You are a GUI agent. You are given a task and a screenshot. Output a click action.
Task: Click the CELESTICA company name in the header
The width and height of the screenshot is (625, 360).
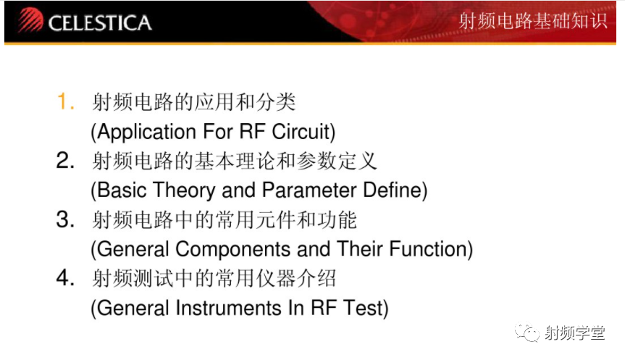100,22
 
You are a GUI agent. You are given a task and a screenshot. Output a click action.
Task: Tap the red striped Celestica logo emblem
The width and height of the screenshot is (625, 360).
30,20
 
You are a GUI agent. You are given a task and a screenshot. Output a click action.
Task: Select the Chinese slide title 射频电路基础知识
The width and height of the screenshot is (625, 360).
533,21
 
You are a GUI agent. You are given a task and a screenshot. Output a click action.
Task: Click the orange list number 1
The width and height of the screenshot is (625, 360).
65,101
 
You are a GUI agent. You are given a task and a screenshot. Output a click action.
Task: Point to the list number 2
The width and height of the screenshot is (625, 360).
65,160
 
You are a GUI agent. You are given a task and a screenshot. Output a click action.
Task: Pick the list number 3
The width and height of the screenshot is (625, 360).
65,219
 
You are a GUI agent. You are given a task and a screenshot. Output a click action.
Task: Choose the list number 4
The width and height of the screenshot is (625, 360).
65,278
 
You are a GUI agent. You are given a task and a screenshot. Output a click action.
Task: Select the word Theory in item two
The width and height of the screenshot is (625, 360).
184,191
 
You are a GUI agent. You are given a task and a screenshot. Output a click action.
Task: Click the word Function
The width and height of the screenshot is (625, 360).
428,248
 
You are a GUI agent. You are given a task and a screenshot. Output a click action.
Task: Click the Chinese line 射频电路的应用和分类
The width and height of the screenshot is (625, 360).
194,102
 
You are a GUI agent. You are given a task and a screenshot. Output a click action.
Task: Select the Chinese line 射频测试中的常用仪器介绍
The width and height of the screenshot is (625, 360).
214,278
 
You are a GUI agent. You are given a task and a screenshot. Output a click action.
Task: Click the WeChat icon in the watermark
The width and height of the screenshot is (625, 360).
527,332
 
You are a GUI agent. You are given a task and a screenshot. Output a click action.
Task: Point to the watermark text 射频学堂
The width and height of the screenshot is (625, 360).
575,332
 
